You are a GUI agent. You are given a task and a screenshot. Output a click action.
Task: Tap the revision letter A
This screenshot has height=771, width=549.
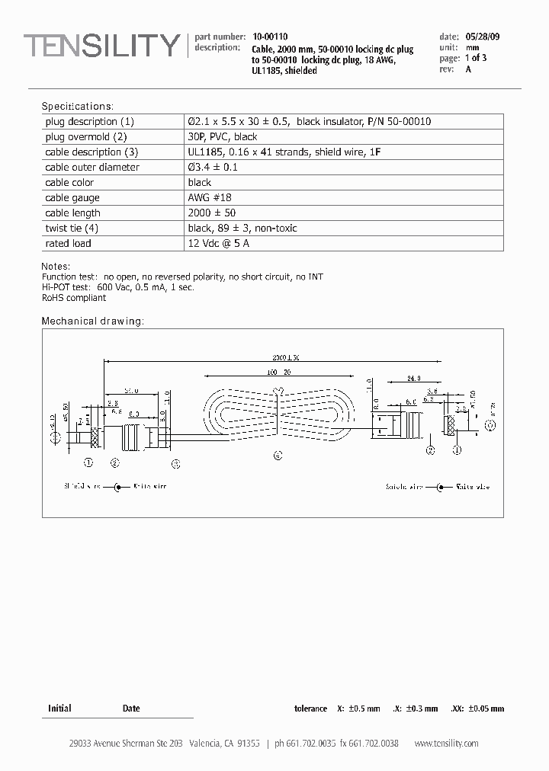tap(468, 69)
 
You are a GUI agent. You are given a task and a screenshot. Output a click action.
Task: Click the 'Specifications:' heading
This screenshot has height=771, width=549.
tap(77, 106)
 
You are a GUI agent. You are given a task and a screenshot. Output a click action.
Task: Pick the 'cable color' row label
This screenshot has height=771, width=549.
tap(69, 183)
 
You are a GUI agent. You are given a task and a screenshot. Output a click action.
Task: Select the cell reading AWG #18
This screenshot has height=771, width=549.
tap(210, 198)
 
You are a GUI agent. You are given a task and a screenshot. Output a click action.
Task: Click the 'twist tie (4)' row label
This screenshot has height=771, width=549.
tap(72, 229)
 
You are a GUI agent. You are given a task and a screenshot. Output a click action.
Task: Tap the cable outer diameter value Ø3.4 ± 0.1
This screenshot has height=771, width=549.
tap(213, 168)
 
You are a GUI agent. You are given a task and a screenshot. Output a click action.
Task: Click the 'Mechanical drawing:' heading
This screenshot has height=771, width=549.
tap(92, 322)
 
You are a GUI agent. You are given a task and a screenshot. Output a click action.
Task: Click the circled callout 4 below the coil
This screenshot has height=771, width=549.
tap(278, 456)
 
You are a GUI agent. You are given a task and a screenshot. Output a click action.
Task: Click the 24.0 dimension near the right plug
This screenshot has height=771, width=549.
tap(414, 377)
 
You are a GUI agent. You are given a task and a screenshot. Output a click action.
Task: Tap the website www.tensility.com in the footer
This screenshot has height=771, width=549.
tap(446, 744)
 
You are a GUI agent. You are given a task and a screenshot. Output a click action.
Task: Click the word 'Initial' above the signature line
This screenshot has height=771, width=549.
tap(59, 709)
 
